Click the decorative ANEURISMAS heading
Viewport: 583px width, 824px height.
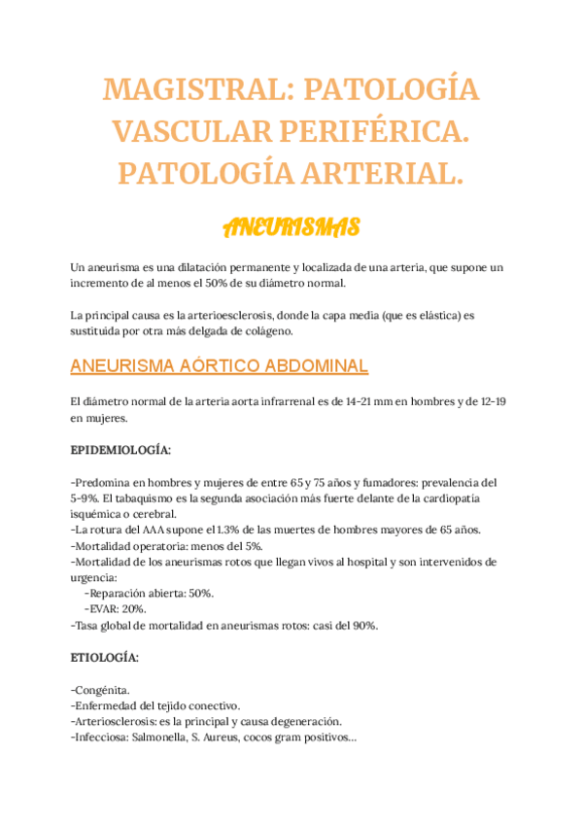291,227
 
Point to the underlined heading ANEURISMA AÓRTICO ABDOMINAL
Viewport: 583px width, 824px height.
220,366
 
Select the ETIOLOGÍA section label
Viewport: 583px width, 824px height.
105,658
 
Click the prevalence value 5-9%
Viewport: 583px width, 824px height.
88,498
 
